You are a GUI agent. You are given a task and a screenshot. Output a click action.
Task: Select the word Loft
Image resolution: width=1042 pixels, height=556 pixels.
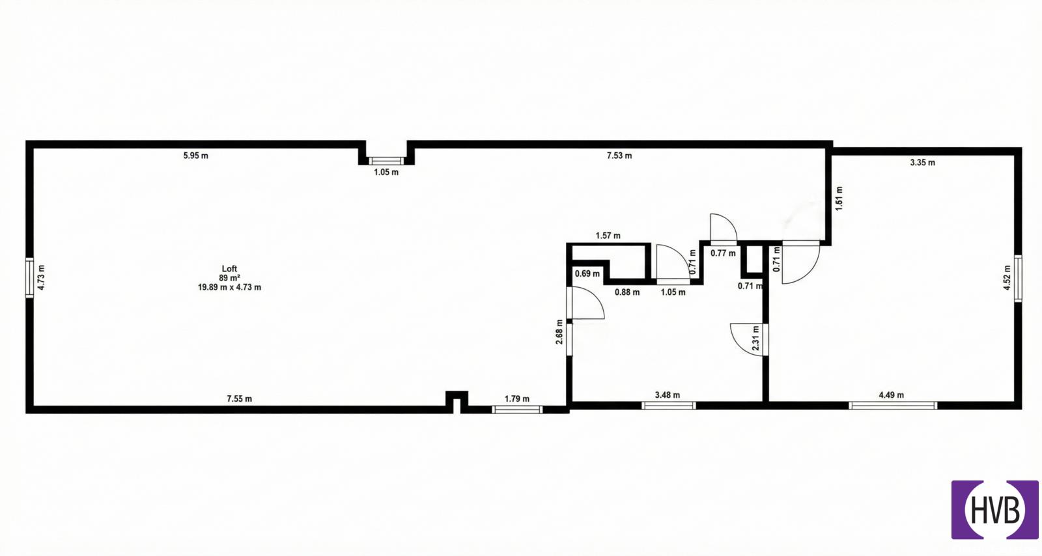[x=229, y=269]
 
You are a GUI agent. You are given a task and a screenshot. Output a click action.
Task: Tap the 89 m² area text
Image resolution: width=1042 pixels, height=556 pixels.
[x=229, y=278]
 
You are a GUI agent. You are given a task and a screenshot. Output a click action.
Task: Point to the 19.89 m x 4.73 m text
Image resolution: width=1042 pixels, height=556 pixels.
[x=229, y=287]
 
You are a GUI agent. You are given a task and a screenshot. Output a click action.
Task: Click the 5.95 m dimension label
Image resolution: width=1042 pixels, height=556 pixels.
[x=196, y=156]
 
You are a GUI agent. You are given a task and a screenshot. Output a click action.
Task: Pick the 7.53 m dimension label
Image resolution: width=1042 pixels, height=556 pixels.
[x=619, y=156]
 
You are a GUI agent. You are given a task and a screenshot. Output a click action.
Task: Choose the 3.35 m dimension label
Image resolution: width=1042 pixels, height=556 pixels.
[x=922, y=163]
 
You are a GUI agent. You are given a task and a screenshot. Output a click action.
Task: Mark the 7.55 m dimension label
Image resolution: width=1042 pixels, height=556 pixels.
[x=240, y=399]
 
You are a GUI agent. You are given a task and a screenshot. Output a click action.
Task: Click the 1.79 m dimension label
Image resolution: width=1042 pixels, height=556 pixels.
[x=517, y=399]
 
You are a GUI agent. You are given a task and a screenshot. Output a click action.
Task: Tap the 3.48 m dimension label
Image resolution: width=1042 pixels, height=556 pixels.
[x=668, y=395]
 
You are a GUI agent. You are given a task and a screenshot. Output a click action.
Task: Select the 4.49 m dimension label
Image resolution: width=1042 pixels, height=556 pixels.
[x=892, y=395]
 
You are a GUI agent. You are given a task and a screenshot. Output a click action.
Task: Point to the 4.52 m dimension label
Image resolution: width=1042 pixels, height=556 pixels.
[x=1007, y=278]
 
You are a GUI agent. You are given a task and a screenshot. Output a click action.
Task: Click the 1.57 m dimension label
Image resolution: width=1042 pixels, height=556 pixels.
[x=608, y=236]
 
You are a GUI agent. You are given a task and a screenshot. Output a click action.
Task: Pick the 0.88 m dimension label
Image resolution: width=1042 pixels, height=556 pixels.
[x=627, y=292]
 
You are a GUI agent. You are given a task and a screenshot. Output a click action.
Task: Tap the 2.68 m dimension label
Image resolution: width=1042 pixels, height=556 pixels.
[x=559, y=332]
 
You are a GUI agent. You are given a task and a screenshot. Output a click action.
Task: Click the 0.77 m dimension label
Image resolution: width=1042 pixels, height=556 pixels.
[x=723, y=253]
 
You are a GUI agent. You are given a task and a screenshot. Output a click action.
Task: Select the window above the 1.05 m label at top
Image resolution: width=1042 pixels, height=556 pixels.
[x=386, y=161]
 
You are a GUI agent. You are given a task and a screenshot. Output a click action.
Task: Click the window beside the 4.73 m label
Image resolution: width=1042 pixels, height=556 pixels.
[x=29, y=277]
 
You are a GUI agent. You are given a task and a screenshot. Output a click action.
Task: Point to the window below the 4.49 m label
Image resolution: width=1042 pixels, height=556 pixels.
[x=893, y=406]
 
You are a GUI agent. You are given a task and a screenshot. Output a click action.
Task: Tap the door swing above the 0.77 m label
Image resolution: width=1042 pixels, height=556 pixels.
[x=723, y=229]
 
